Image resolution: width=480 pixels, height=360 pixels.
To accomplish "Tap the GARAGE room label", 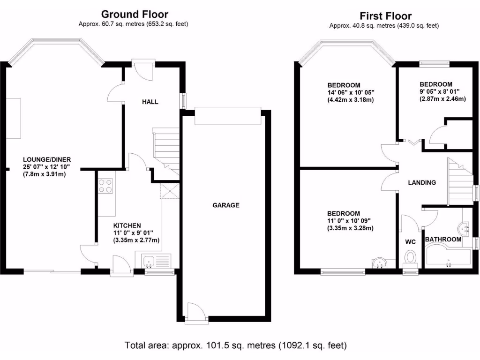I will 226,205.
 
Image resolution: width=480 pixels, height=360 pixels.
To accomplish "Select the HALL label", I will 150,102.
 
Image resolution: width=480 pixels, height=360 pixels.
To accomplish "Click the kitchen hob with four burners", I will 106,186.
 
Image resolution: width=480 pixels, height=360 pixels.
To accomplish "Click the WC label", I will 411,242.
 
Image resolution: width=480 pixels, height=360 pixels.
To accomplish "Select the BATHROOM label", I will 443,240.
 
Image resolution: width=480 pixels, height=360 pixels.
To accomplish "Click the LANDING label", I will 421,183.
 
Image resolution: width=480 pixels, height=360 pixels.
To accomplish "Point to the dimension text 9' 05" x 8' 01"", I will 439,92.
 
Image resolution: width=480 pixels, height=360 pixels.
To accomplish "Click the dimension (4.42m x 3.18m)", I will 350,100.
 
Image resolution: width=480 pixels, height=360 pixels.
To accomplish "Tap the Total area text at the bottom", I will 236,346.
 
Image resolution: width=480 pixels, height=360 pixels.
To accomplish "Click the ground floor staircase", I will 166,151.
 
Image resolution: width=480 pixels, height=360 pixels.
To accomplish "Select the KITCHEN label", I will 127,225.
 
